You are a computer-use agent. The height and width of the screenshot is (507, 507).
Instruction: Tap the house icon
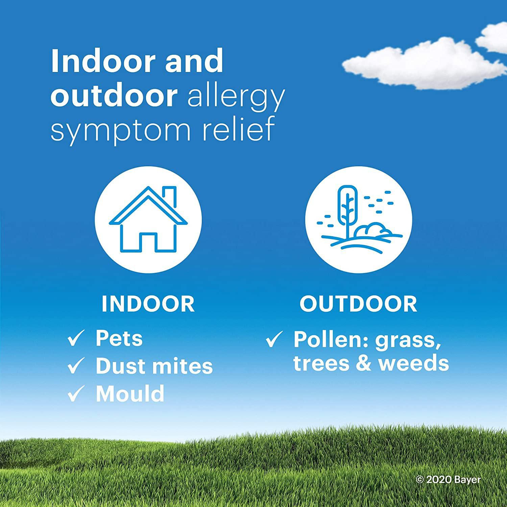[x=148, y=219]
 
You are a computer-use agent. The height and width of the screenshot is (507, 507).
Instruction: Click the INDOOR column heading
[x=148, y=304]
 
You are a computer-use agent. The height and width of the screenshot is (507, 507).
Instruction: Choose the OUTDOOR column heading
[x=358, y=304]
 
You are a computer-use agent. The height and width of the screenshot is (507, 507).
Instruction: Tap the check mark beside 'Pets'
[x=75, y=339]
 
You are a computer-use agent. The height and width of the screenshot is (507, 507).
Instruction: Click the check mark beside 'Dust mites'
[x=75, y=366]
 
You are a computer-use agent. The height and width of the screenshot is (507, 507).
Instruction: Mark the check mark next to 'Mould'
[x=75, y=394]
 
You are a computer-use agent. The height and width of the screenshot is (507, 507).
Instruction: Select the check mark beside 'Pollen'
[x=273, y=339]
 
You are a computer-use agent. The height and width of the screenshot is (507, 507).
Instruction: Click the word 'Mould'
[x=130, y=393]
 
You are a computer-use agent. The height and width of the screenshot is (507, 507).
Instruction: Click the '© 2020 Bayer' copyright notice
[x=448, y=479]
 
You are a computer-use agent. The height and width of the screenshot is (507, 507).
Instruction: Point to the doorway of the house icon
[x=148, y=241]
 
